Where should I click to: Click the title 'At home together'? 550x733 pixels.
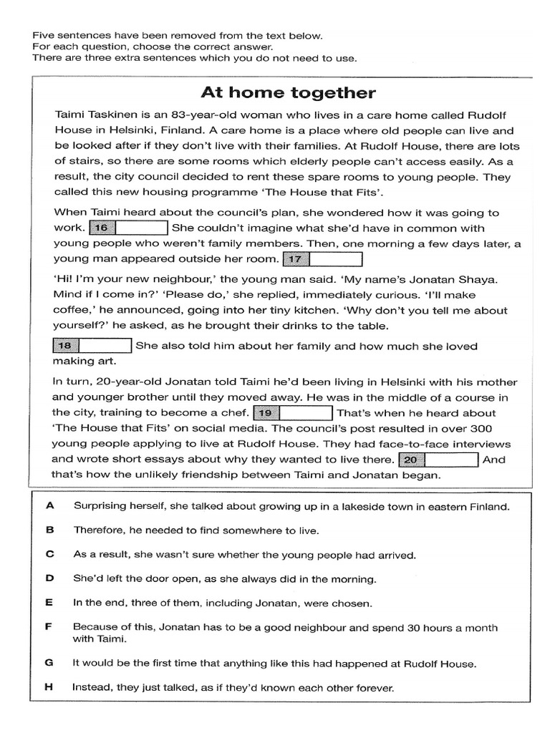pyautogui.click(x=287, y=93)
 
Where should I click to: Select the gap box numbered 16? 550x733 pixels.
pyautogui.click(x=128, y=228)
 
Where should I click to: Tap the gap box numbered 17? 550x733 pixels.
pyautogui.click(x=322, y=259)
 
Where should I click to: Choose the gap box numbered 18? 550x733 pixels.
pyautogui.click(x=92, y=346)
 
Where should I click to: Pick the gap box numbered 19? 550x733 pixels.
pyautogui.click(x=292, y=413)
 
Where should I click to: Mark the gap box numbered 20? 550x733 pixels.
pyautogui.click(x=439, y=460)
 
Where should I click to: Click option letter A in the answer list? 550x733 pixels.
pyautogui.click(x=50, y=506)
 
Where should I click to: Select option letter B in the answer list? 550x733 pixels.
pyautogui.click(x=50, y=530)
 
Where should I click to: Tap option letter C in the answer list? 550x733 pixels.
pyautogui.click(x=50, y=554)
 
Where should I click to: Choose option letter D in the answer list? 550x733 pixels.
pyautogui.click(x=50, y=578)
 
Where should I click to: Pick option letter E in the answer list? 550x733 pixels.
pyautogui.click(x=50, y=603)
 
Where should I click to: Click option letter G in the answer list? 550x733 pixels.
pyautogui.click(x=50, y=663)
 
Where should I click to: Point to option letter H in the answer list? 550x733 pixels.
pyautogui.click(x=50, y=687)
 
